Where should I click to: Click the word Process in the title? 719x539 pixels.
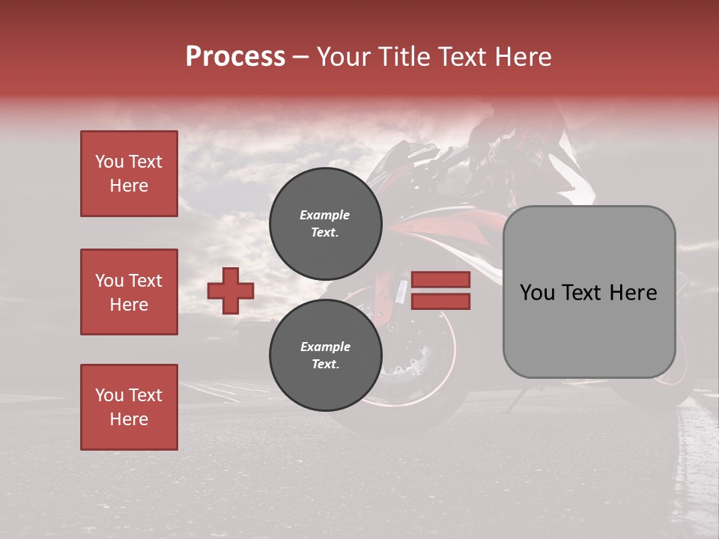click(235, 57)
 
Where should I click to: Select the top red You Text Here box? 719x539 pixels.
click(129, 174)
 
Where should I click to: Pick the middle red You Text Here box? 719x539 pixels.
click(129, 292)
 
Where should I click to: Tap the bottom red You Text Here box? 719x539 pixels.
click(129, 407)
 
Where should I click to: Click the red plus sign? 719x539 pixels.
click(231, 290)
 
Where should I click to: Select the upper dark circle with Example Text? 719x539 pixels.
click(325, 224)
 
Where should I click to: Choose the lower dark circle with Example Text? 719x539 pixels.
click(325, 356)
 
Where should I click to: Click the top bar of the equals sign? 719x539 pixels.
click(440, 280)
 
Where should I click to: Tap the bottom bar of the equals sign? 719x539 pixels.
click(440, 301)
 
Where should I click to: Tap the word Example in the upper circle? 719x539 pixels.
click(324, 216)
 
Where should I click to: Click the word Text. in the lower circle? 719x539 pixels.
click(325, 365)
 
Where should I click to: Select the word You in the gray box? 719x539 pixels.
click(537, 293)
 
